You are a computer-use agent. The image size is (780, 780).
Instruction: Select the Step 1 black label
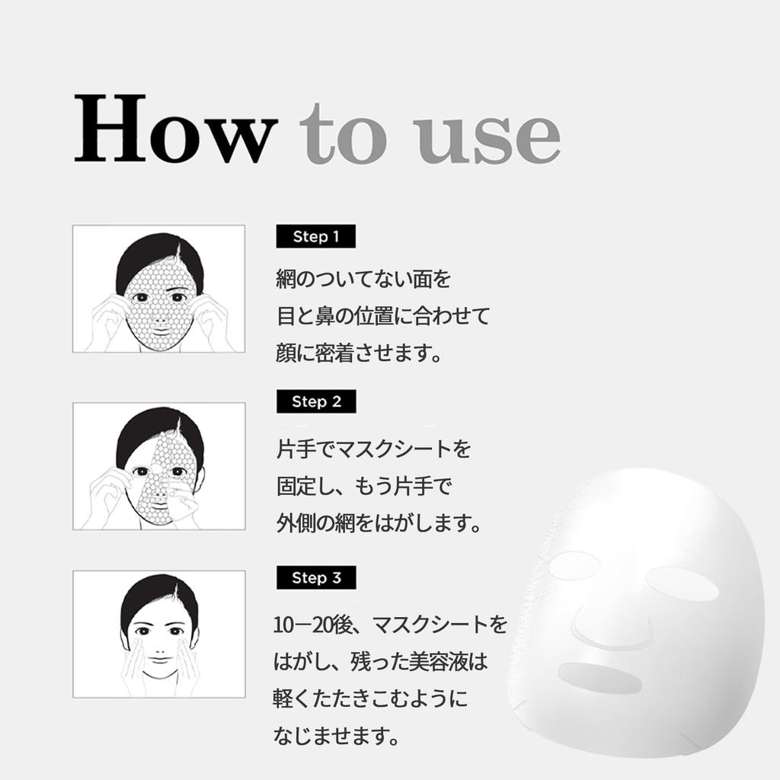(315, 237)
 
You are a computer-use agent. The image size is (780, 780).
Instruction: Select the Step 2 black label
(315, 401)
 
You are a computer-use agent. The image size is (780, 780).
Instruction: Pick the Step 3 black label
(315, 577)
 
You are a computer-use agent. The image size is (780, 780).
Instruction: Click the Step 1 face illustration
(158, 289)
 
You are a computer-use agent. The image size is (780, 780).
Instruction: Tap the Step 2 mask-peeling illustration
(158, 465)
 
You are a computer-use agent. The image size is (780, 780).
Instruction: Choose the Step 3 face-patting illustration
(158, 634)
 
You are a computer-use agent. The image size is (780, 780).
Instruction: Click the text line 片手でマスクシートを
(373, 449)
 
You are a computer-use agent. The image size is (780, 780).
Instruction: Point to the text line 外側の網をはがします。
(378, 524)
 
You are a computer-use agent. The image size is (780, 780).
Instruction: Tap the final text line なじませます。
(336, 736)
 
